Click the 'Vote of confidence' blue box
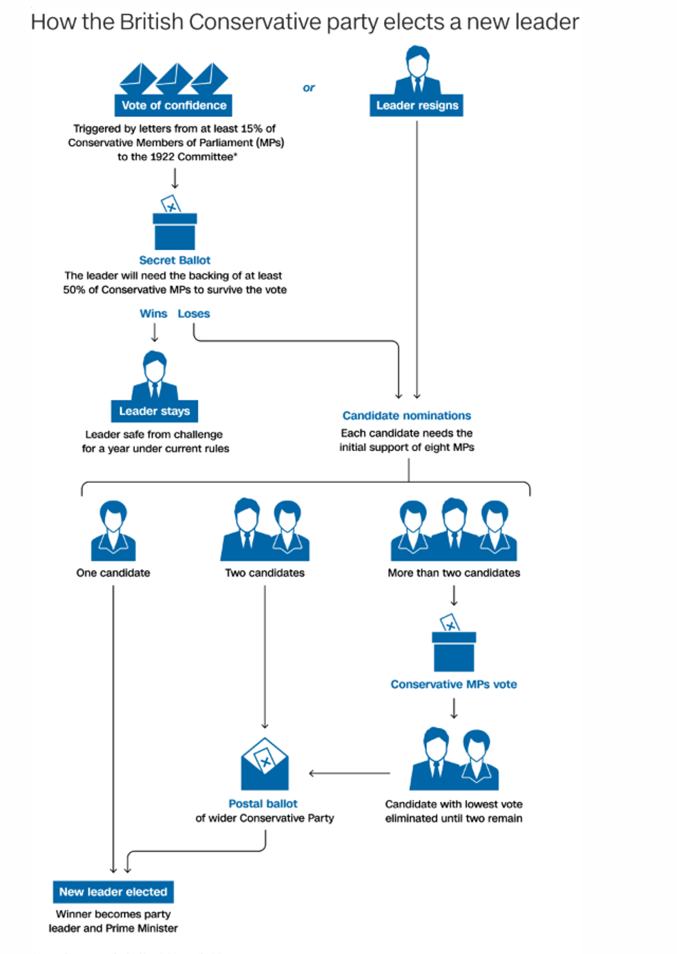coord(173,105)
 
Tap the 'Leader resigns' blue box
coord(417,105)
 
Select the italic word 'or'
coord(309,88)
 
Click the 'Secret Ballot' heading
coord(175,260)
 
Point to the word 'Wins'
coord(153,314)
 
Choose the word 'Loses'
coord(193,314)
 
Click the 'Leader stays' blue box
coord(154,411)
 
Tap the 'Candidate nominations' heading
coord(406,415)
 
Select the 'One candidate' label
coord(113,573)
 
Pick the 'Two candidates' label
coord(265,573)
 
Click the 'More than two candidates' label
coord(454,573)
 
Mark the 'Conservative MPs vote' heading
coord(454,684)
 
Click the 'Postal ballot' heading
coord(263,803)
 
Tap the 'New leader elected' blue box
coord(113,892)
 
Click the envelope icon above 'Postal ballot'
coord(265,765)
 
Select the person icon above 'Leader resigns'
coord(417,70)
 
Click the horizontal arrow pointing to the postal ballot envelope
coord(349,773)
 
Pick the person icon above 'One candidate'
coord(113,531)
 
